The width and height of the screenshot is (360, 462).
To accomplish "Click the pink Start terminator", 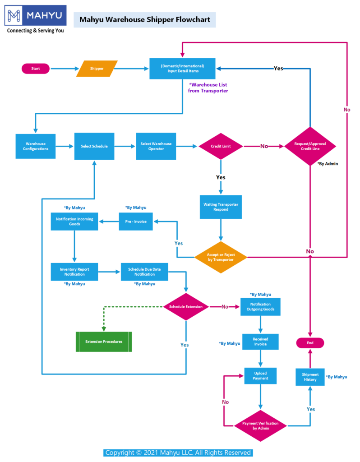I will (x=36, y=69).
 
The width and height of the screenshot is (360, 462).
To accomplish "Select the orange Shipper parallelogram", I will (x=97, y=69).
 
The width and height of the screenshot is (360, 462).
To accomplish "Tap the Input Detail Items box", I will (x=182, y=69).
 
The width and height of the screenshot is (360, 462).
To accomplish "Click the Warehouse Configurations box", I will (x=36, y=146).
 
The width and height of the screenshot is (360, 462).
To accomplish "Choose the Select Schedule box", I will (x=94, y=146).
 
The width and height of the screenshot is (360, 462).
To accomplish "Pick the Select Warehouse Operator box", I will (x=156, y=146).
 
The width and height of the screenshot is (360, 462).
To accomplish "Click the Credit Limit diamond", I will (x=221, y=146).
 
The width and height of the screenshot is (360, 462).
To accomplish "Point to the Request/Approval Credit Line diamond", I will (x=310, y=146).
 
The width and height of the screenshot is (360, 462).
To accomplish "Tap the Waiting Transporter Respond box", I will (x=221, y=207).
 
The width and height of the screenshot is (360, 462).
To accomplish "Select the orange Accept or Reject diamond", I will (x=221, y=257).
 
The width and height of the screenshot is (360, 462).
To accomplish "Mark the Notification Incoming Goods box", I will (x=74, y=221).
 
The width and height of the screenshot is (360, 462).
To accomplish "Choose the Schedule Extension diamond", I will (x=186, y=307).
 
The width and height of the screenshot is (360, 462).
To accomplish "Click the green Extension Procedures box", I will (x=104, y=342).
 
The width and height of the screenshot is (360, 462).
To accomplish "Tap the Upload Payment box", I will (x=260, y=376).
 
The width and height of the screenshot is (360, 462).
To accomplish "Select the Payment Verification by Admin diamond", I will (x=260, y=425).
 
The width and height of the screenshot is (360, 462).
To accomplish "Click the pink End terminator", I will (x=310, y=343).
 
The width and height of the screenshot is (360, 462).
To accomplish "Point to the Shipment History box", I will (x=310, y=377).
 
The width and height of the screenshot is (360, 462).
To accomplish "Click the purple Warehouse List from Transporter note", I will (x=208, y=88).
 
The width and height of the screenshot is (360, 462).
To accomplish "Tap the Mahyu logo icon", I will (x=15, y=16).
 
